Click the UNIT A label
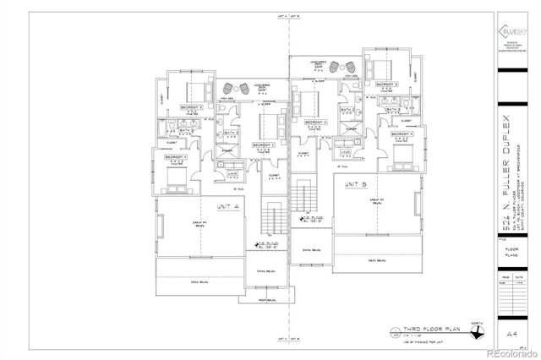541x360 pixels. coord(227,205)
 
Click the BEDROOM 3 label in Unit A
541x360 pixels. coord(190,108)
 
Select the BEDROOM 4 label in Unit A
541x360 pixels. coord(176,158)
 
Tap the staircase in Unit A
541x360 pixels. coord(273,219)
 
